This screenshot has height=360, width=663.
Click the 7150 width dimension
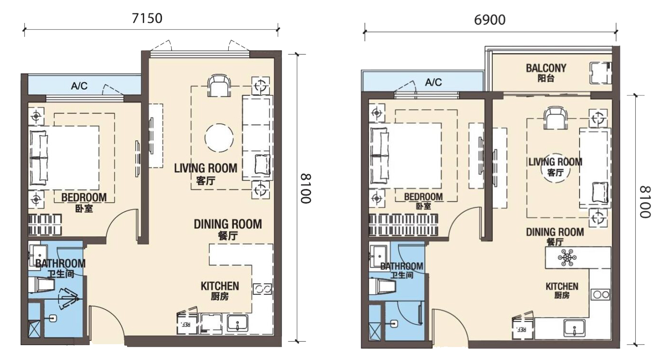point(147,18)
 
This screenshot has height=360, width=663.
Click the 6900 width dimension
point(489,20)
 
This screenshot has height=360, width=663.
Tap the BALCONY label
point(546,69)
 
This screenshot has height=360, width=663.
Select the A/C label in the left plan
point(79,86)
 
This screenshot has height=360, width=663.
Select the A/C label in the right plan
point(433,82)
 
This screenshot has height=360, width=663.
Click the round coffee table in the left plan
point(219,138)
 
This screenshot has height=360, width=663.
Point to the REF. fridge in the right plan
point(523,327)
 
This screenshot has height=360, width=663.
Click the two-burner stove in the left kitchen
point(262,289)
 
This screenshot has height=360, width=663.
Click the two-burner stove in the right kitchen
point(601,294)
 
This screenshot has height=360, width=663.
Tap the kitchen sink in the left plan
point(238,323)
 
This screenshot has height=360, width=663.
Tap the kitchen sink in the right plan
point(574,328)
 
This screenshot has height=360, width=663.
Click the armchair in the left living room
point(219,85)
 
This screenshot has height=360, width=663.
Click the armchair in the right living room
point(556,118)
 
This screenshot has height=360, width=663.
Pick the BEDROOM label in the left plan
point(84,197)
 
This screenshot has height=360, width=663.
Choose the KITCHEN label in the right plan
point(562,286)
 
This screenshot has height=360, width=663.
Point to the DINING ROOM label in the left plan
point(228,224)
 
